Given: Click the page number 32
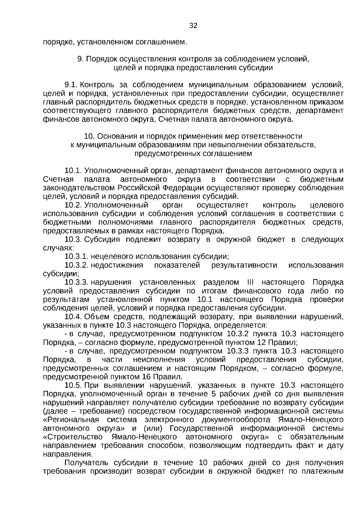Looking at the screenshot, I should (x=193, y=26).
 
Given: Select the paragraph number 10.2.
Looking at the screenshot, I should (x=73, y=205).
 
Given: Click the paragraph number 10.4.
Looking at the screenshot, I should (x=73, y=317).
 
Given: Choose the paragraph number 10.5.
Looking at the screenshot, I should (x=73, y=386).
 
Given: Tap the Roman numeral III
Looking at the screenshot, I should (x=250, y=282).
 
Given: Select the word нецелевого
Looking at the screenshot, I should (x=112, y=257).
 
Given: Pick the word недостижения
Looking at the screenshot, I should (x=117, y=265).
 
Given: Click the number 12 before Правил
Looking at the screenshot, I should (x=261, y=343).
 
